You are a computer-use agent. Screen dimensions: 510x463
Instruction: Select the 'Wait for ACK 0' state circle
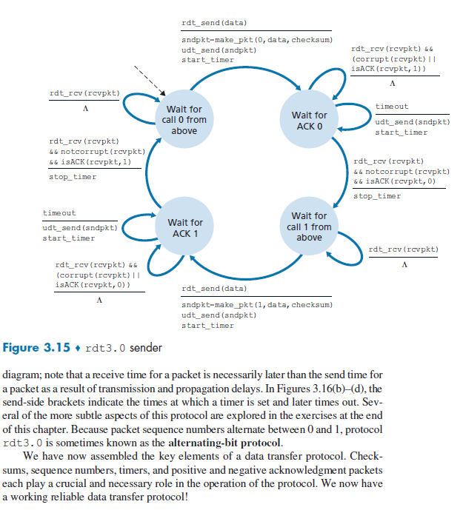pos(309,120)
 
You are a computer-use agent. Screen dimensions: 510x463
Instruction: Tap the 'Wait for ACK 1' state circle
pos(184,227)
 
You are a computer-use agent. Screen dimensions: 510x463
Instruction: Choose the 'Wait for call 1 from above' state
pos(309,227)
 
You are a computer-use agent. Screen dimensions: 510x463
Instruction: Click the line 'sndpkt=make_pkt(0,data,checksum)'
pos(256,40)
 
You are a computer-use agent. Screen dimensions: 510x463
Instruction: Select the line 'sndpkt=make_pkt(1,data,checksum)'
pos(256,305)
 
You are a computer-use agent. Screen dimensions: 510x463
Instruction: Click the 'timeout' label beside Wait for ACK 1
pos(59,213)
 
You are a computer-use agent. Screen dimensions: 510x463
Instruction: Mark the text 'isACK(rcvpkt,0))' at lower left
pos(93,283)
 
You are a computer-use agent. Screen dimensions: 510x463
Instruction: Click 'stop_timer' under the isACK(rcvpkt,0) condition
pos(376,196)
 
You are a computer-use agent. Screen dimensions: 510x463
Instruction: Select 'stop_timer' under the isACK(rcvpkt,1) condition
pos(73,177)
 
